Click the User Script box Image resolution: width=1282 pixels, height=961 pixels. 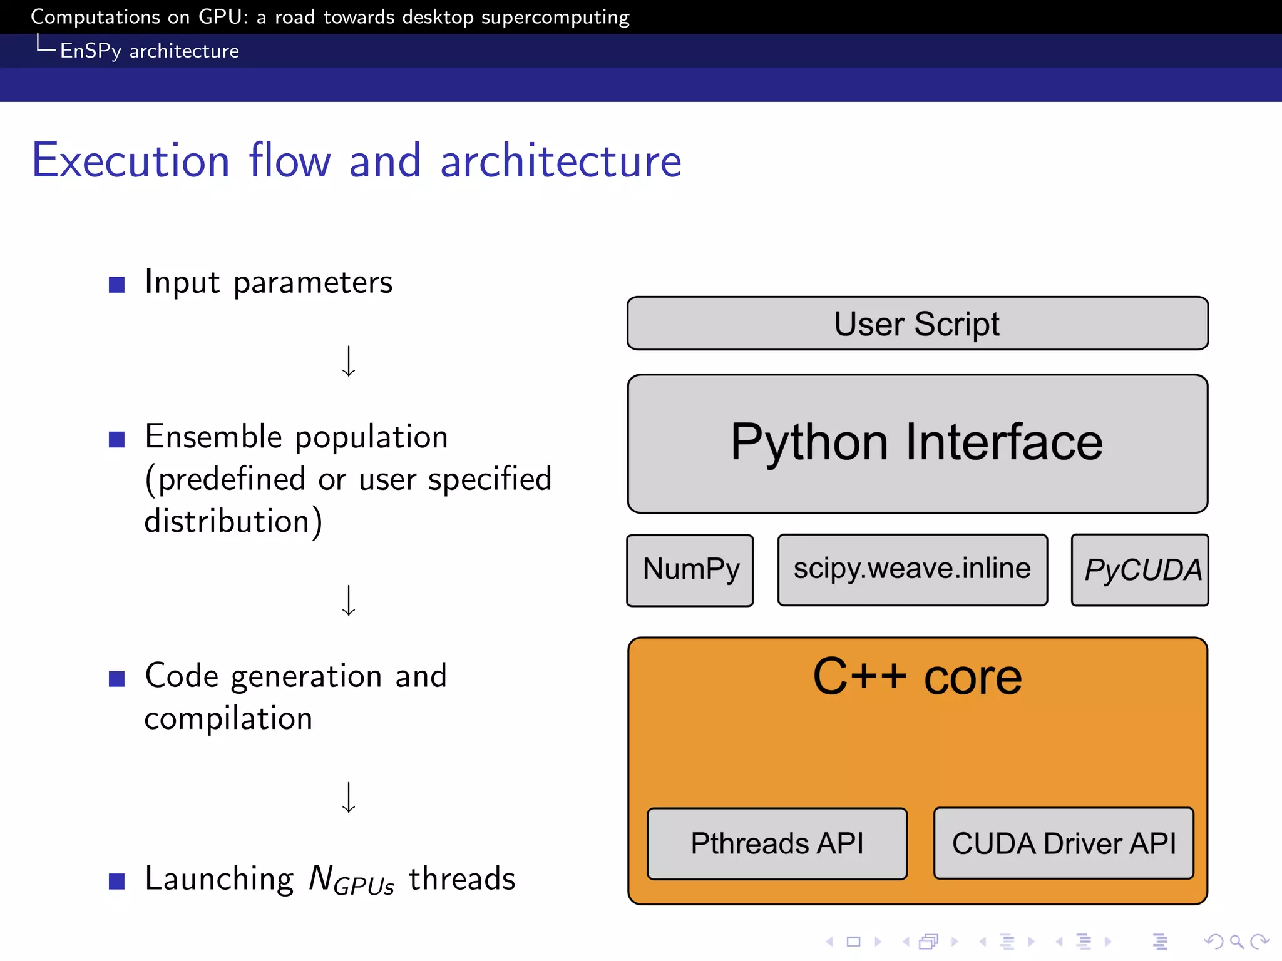917,323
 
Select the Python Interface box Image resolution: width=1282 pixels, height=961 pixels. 917,444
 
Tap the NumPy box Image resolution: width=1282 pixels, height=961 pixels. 690,570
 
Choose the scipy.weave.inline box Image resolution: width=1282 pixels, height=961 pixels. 912,569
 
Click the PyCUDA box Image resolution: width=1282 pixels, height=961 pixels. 1140,570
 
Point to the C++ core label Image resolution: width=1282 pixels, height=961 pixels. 917,677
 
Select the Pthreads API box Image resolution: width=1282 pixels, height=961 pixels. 777,843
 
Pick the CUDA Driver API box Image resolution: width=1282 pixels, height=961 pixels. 1064,843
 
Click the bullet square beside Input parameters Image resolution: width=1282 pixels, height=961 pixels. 116,285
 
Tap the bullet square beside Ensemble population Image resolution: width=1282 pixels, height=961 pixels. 116,439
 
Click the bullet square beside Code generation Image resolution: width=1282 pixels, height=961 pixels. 116,679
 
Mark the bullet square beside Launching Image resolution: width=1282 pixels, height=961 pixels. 116,881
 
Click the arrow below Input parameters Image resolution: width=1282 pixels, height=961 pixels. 349,361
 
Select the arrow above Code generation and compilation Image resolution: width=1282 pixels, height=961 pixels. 349,601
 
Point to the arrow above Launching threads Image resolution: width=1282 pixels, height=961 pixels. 349,797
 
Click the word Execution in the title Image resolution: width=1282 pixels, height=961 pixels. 131,161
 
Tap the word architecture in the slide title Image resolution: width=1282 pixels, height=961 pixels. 560,161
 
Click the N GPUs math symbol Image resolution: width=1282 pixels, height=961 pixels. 351,880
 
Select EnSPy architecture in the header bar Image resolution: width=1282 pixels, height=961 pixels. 149,51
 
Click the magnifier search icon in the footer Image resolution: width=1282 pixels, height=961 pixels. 1236,941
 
